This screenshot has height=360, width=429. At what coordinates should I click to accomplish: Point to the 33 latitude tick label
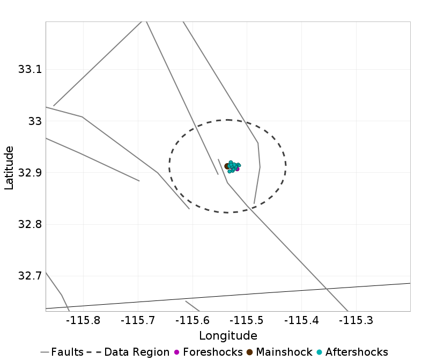coord(33,121)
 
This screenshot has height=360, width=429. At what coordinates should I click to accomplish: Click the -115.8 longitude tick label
coord(83,321)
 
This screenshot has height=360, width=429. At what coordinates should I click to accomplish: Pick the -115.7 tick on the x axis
coord(138,321)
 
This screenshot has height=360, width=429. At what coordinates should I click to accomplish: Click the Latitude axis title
coord(9,166)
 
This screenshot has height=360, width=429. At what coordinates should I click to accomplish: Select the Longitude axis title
coord(228,336)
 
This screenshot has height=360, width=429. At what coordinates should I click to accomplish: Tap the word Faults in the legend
coord(68,352)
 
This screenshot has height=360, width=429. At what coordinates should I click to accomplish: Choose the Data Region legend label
coord(137,352)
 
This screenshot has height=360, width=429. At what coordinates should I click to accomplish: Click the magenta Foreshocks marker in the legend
coord(177,352)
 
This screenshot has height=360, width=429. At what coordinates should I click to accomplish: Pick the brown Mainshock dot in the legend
coord(250,352)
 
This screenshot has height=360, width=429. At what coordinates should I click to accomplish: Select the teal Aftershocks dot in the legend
coord(320,352)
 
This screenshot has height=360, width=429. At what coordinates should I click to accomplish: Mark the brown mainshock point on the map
coord(227,166)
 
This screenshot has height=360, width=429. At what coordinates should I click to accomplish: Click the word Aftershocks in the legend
coord(356,352)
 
